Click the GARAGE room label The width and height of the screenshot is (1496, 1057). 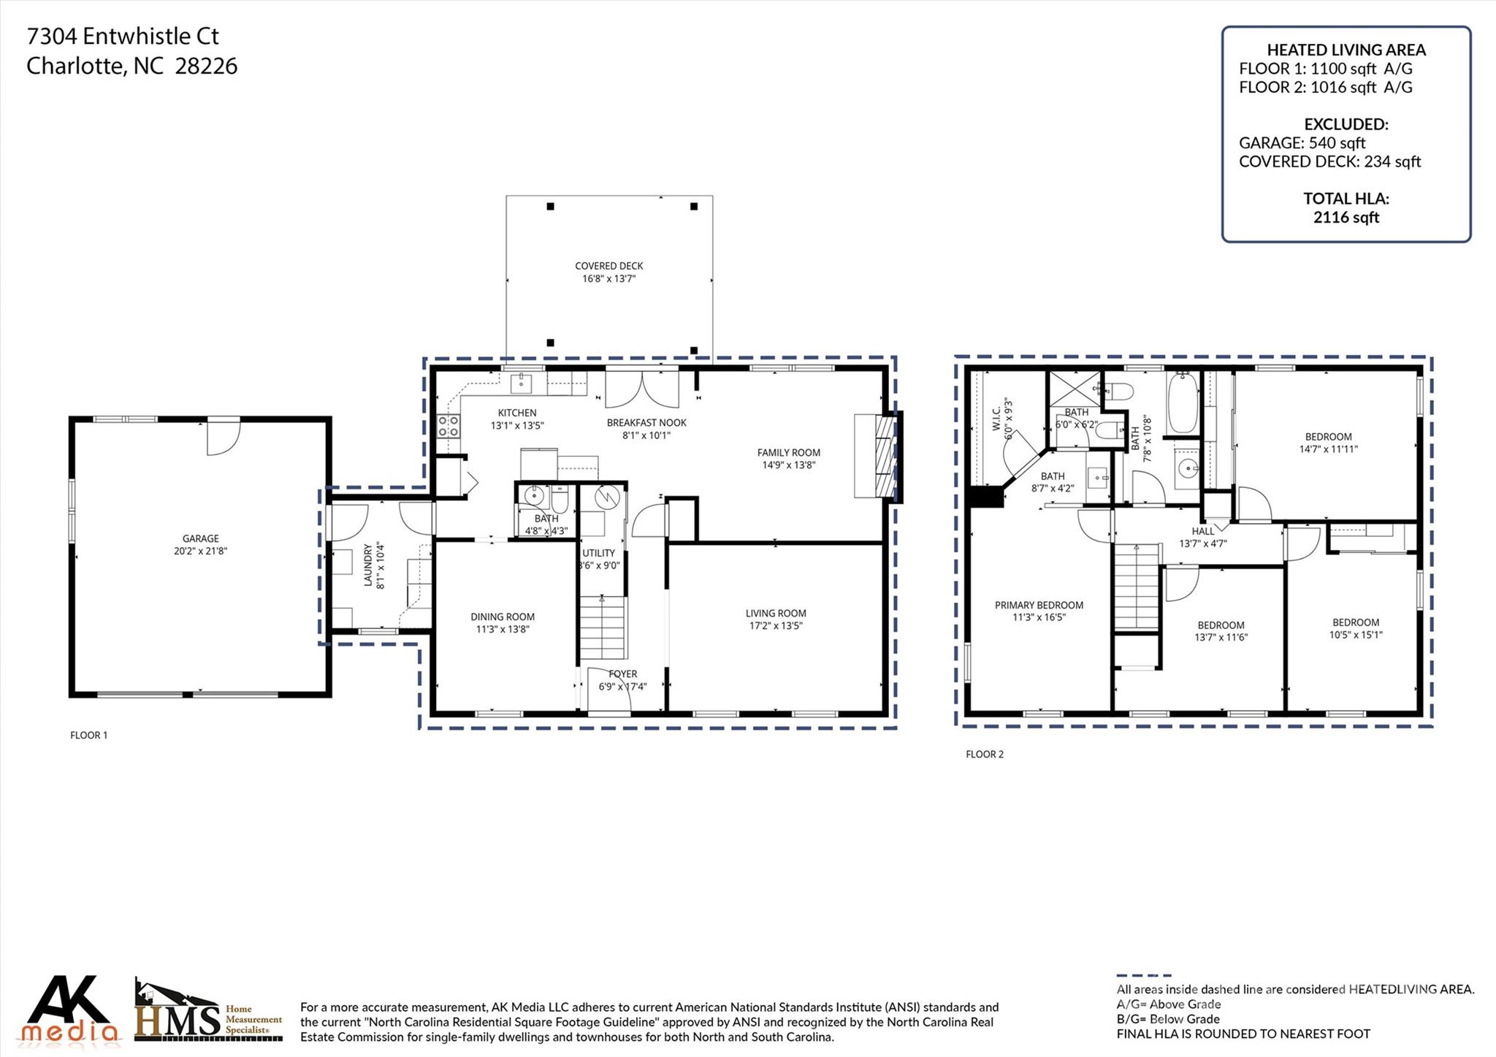point(200,538)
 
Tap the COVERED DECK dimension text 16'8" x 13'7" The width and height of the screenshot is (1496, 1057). point(608,279)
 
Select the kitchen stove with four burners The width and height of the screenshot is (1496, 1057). point(448,426)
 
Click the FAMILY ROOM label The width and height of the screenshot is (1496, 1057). point(788,453)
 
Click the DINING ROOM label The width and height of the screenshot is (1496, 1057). point(503,617)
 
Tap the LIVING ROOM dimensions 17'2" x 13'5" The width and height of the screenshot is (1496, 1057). point(776,626)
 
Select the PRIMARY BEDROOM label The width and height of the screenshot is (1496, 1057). point(1039,605)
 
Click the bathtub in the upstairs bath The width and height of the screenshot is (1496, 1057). point(1181,402)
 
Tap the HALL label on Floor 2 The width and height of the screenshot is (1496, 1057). point(1202,531)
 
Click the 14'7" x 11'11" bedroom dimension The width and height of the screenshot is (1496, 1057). point(1328,449)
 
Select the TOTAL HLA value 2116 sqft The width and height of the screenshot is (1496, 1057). point(1346,217)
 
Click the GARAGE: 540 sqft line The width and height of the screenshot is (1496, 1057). point(1302,143)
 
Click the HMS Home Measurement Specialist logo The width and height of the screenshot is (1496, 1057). point(208,1012)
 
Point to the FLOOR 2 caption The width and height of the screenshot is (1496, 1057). point(984,754)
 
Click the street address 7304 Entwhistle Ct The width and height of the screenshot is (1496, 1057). point(123,36)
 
